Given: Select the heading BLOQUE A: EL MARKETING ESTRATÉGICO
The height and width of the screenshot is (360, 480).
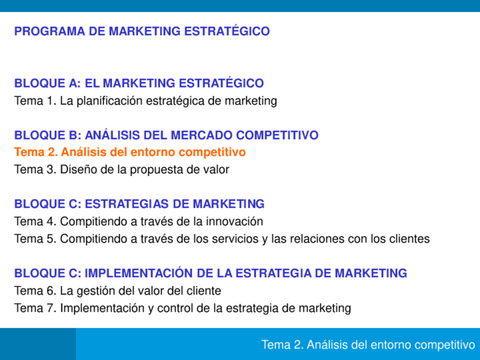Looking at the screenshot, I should pyautogui.click(x=139, y=83).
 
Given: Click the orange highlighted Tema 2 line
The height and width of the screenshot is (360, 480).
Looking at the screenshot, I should pyautogui.click(x=130, y=152).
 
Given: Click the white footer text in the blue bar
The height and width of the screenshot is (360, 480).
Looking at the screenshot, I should pyautogui.click(x=368, y=345).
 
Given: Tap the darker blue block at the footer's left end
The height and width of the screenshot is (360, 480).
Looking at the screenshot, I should pyautogui.click(x=37, y=344).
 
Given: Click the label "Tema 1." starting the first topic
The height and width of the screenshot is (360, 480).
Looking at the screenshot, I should pyautogui.click(x=35, y=101).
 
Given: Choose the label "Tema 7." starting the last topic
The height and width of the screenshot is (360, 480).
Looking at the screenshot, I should pyautogui.click(x=35, y=308).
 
